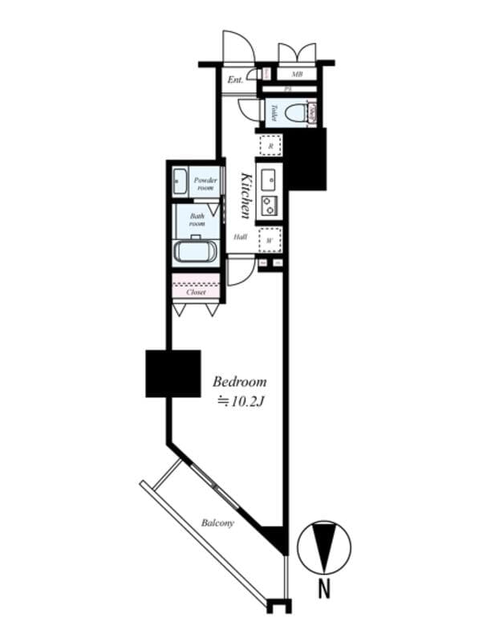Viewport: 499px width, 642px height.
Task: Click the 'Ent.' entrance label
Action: pos(235,79)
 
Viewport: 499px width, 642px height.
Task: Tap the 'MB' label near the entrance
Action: pos(297,75)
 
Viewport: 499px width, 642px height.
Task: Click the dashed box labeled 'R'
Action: pos(271,145)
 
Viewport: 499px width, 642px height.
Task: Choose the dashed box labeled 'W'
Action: pos(270,238)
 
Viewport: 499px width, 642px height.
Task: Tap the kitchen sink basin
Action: pos(269,178)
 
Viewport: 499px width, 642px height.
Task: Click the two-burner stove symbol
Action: pos(269,205)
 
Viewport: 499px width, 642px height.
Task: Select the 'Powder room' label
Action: pos(206,184)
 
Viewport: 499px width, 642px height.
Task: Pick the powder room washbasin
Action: pos(180,182)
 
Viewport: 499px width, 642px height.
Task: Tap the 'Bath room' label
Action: pos(197,219)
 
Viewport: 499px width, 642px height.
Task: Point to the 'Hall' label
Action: pos(240,238)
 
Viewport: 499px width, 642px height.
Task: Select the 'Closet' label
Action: pos(196,292)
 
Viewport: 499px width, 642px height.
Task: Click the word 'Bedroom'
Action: pos(239,382)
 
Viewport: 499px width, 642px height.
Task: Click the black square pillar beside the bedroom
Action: pos(172,373)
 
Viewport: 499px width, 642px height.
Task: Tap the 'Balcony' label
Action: pos(217,523)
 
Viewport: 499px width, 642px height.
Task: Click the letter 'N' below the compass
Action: pos(324,589)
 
